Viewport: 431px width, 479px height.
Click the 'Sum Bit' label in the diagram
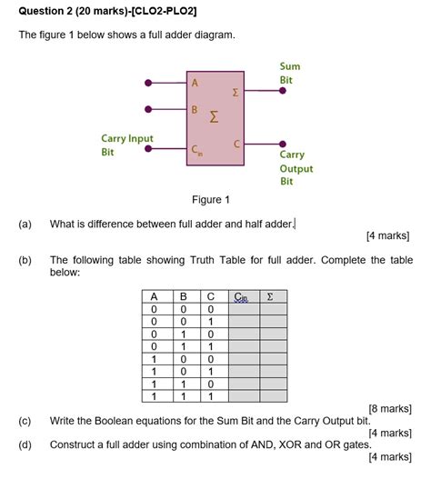click(290, 74)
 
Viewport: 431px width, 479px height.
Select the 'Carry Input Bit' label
click(127, 145)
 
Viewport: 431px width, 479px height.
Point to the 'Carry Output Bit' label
click(296, 168)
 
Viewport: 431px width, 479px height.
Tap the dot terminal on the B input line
click(148, 112)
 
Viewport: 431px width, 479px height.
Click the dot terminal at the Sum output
click(283, 94)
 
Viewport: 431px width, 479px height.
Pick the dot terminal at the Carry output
click(283, 145)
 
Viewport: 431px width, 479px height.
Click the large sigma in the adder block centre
click(215, 116)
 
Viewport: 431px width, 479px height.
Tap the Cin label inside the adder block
click(197, 152)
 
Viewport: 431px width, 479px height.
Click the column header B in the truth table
click(183, 296)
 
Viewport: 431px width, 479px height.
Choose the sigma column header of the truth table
click(270, 296)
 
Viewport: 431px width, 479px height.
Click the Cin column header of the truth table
click(241, 296)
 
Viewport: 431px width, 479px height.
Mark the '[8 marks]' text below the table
click(390, 408)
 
